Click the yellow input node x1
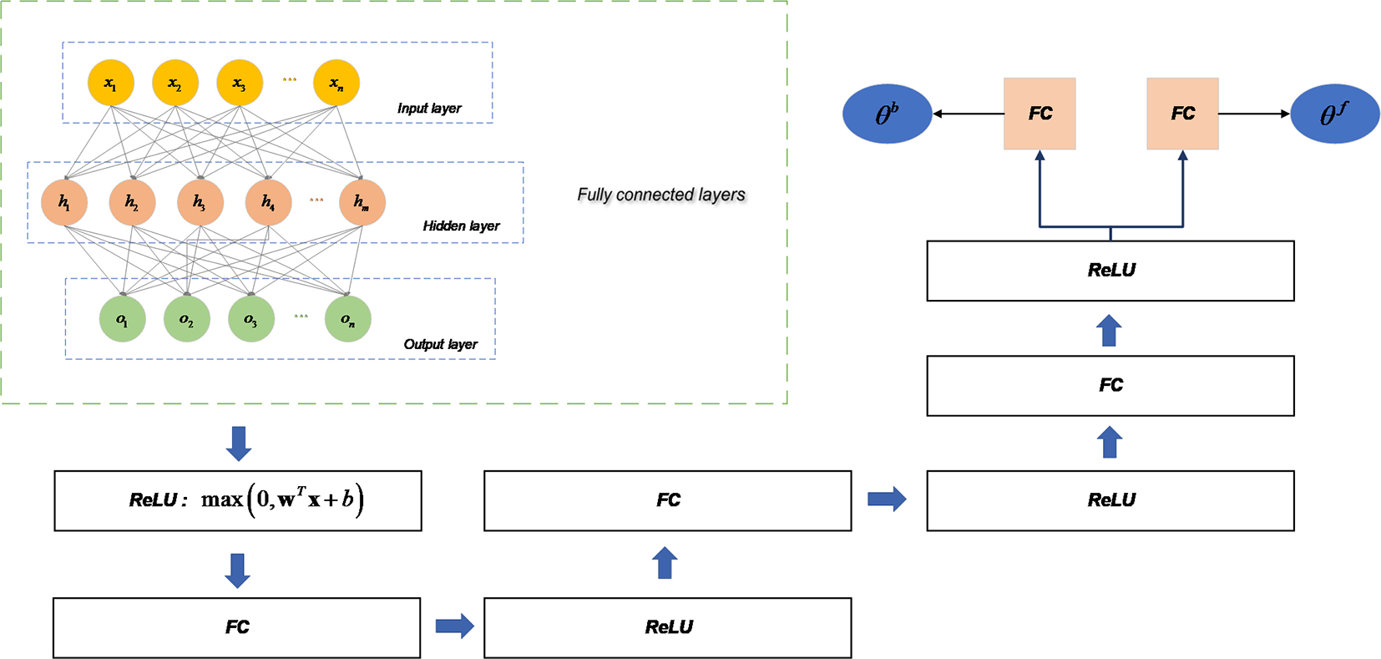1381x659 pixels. coord(110,83)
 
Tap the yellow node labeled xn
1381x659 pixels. coord(336,83)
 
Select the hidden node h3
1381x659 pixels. coord(200,202)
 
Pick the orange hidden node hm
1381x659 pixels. coord(362,202)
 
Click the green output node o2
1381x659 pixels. coord(186,319)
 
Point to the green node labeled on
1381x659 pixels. coord(347,319)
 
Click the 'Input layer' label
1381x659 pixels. coord(428,109)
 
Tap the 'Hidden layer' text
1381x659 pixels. coord(461,226)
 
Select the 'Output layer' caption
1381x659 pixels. coord(440,344)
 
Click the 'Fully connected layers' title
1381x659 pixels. coord(660,195)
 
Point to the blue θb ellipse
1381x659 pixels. coord(887,114)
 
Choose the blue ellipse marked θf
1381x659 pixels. coord(1334,114)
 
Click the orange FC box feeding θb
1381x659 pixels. coord(1040,114)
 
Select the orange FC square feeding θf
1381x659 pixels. coord(1182,114)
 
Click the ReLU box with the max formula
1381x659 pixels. coord(238,500)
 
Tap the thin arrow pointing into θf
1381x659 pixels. coord(1254,114)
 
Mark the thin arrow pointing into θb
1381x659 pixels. coord(968,114)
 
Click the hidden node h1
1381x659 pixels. coord(64,202)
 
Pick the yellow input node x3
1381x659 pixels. coord(240,83)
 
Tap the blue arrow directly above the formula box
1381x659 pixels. coord(239,443)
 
